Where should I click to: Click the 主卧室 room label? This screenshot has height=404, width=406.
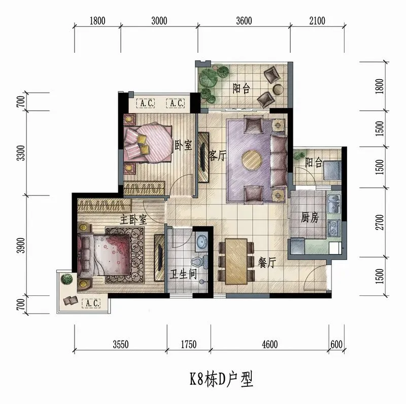pyautogui.click(x=133, y=220)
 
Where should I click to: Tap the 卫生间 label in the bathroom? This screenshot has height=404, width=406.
pyautogui.click(x=183, y=274)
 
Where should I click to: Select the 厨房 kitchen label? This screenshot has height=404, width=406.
pyautogui.click(x=310, y=218)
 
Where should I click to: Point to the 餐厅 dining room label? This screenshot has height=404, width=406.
pyautogui.click(x=267, y=262)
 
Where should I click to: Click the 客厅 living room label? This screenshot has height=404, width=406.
pyautogui.click(x=218, y=156)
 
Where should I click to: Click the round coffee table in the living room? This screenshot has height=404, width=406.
pyautogui.click(x=252, y=160)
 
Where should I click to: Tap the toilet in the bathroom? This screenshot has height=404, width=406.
pyautogui.click(x=200, y=262)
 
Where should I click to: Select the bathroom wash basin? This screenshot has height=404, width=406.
pyautogui.click(x=201, y=241)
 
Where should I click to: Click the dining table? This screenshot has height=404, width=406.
pyautogui.click(x=236, y=261)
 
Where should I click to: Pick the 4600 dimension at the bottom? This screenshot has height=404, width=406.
pyautogui.click(x=269, y=345)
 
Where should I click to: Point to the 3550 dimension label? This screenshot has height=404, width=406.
pyautogui.click(x=121, y=345)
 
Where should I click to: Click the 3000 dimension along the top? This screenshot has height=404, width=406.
pyautogui.click(x=159, y=21)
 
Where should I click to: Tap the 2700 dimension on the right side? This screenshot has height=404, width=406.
pyautogui.click(x=380, y=222)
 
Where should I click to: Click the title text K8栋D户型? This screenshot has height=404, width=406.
pyautogui.click(x=221, y=380)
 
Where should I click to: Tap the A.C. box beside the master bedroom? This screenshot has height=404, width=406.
pyautogui.click(x=91, y=303)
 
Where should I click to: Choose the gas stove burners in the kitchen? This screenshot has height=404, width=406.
pyautogui.click(x=334, y=228)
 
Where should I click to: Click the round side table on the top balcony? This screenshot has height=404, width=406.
pyautogui.click(x=278, y=89)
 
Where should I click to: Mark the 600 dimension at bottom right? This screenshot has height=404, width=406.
pyautogui.click(x=336, y=345)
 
